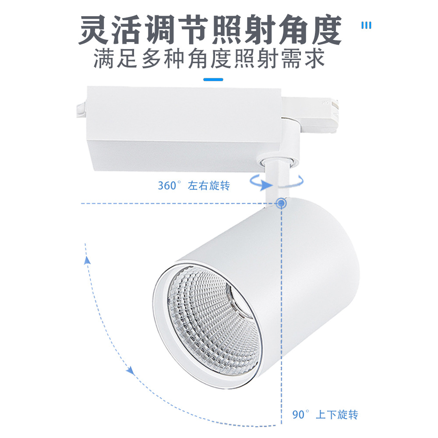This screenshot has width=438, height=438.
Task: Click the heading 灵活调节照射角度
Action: click(210, 30)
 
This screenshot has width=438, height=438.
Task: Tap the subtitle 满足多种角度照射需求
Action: click(209, 59)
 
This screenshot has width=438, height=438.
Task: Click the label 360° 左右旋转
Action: click(194, 186)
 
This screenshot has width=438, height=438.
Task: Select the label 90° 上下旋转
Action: click(325, 414)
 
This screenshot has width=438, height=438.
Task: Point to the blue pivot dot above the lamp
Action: click(280, 203)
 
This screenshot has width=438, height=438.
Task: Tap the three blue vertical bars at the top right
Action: click(366, 25)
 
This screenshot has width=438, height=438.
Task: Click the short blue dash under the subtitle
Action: click(213, 80)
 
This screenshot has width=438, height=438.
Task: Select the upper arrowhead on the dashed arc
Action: click(87, 260)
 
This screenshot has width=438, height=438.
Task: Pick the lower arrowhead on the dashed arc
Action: click(130, 371)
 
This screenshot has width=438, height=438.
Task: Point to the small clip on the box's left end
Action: click(81, 109)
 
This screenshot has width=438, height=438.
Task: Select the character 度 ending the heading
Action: click(323, 30)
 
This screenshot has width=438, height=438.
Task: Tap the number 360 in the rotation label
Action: click(166, 186)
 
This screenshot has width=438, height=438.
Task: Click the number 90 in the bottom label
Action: click(299, 414)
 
